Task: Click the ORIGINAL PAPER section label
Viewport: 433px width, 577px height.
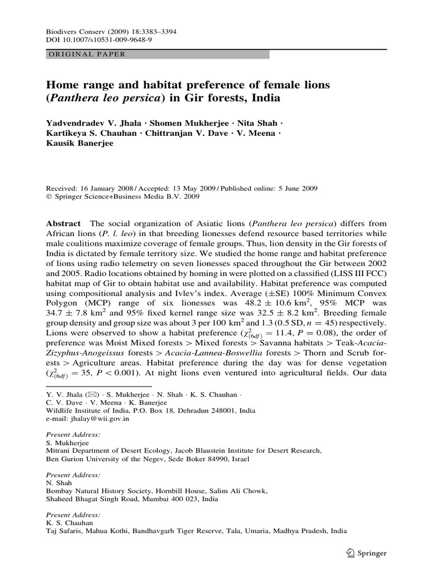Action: [x=86, y=54]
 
